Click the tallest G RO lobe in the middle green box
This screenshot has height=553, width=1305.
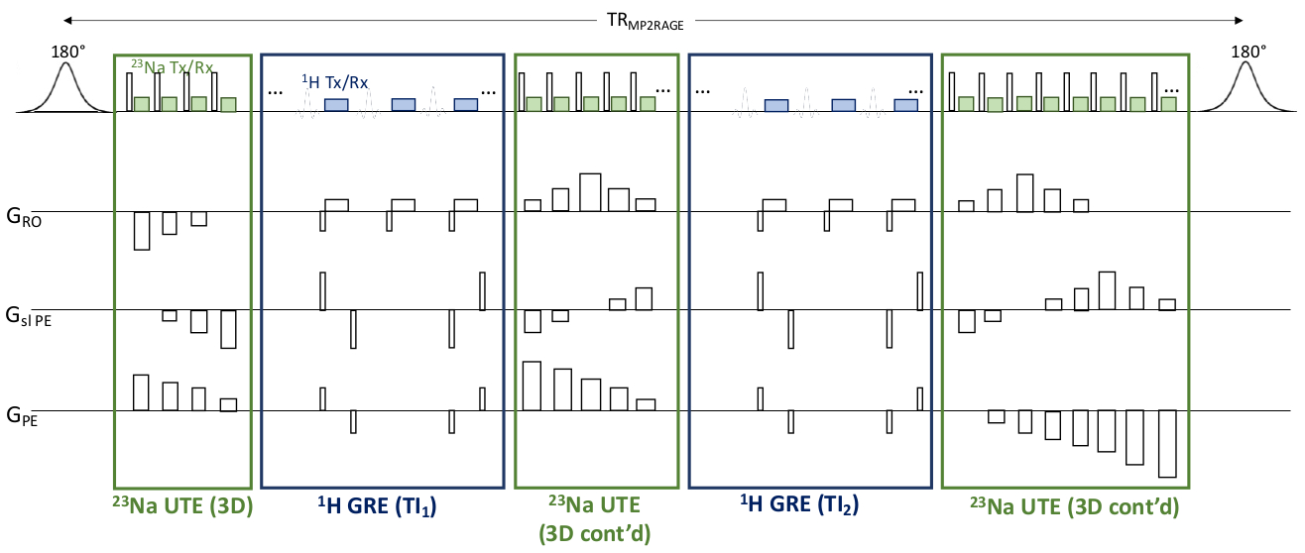pos(590,192)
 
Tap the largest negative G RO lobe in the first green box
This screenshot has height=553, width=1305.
pos(142,230)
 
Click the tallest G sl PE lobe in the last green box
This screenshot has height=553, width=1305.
pos(1108,290)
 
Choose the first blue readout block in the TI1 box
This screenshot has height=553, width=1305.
pos(336,104)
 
